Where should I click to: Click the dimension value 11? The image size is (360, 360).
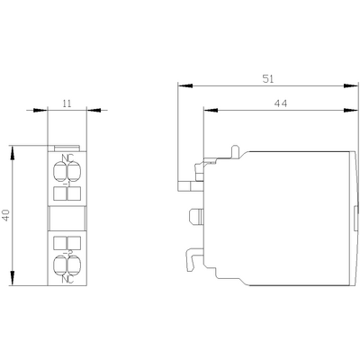pyautogui.click(x=67, y=103)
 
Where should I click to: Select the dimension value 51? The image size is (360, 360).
pyautogui.click(x=267, y=78)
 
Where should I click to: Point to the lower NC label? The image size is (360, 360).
pyautogui.click(x=67, y=278)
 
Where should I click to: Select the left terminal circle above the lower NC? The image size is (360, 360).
pyautogui.click(x=61, y=264)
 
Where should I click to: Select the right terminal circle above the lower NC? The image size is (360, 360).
pyautogui.click(x=73, y=264)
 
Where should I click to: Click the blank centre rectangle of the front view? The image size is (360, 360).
pyautogui.click(x=67, y=218)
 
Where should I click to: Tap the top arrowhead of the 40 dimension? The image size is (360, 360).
pyautogui.click(x=13, y=149)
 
